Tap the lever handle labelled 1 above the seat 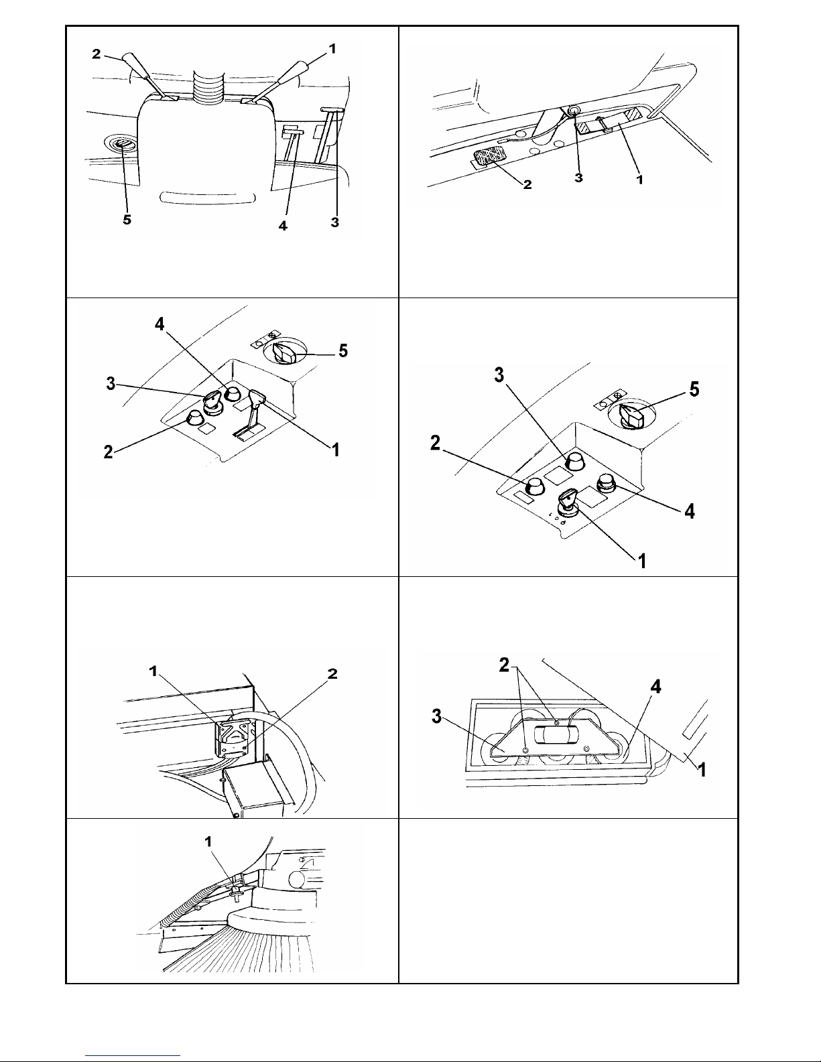click(x=294, y=70)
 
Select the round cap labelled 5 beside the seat click(x=123, y=144)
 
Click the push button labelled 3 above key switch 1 click(x=574, y=461)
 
